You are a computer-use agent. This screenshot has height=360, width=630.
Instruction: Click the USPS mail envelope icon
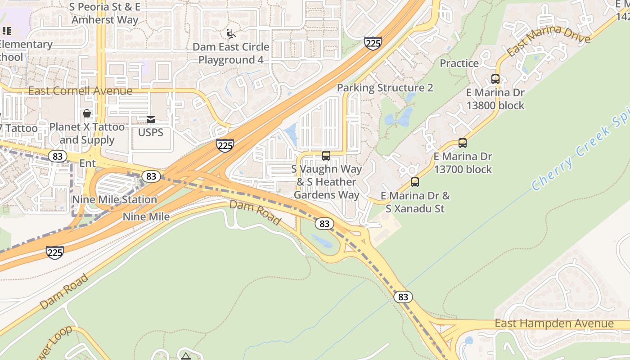[x=151, y=119]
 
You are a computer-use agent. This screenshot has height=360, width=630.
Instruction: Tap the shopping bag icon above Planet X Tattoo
[x=86, y=113]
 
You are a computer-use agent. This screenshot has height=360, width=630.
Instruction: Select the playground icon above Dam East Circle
[x=230, y=34]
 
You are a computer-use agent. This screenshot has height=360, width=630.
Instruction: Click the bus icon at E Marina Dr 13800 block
[x=495, y=79]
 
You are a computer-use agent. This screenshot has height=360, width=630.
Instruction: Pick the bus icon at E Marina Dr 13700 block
[x=463, y=143]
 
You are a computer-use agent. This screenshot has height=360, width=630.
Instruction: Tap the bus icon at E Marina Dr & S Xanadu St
[x=415, y=182]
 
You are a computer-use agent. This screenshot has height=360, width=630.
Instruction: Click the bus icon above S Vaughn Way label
[x=326, y=156]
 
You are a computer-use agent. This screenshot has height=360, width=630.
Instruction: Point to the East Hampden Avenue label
[x=554, y=324]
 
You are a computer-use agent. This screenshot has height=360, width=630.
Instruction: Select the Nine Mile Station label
[x=115, y=199]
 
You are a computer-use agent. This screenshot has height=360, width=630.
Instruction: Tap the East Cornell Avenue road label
[x=80, y=91]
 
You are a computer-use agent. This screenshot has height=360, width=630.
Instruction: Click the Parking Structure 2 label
[x=385, y=88]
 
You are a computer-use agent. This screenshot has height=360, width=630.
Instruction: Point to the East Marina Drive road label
[x=548, y=40]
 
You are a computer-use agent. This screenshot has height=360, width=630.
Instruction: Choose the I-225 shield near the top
[x=373, y=44]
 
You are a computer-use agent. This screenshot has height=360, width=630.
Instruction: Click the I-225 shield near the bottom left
[x=54, y=252]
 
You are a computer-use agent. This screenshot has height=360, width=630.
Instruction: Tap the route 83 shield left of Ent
[x=57, y=156]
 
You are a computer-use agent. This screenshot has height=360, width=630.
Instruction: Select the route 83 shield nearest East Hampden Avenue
[x=403, y=297]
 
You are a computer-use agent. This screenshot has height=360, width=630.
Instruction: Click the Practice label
[x=459, y=63]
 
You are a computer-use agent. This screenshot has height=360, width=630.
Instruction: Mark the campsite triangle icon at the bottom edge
[x=185, y=356]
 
